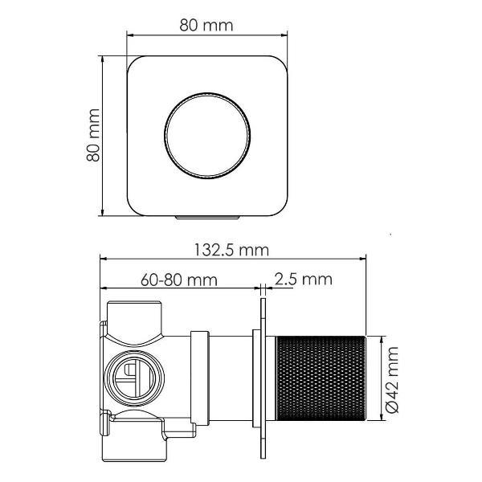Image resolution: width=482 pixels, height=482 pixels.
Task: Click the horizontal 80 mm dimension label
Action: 206,25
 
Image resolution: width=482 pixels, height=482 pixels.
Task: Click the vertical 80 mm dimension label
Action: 93,135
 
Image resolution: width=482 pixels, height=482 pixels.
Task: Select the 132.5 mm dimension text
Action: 231,250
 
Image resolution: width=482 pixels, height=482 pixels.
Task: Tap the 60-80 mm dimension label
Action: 179,280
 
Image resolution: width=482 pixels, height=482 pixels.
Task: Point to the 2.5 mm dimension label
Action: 304,280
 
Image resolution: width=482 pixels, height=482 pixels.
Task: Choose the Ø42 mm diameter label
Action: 392,379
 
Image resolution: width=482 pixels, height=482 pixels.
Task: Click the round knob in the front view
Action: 207,136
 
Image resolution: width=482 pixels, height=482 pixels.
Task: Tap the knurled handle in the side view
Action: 320,378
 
